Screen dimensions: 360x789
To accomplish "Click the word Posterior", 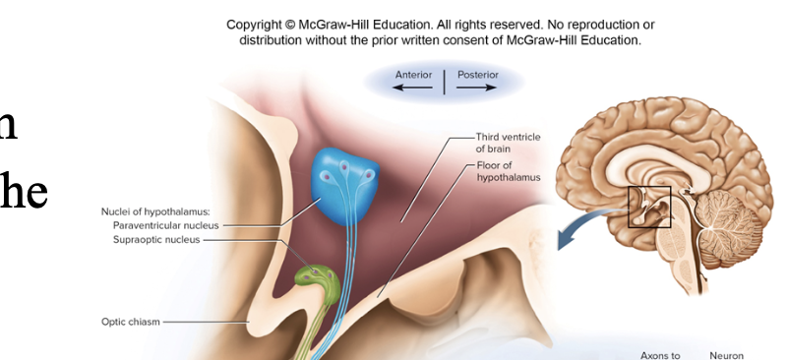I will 478,75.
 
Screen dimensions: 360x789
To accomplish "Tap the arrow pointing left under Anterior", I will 413,88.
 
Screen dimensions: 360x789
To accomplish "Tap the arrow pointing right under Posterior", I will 477,88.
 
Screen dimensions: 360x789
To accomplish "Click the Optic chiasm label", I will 130,321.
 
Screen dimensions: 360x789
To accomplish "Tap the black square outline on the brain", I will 649,207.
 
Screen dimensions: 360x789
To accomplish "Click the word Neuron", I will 726,354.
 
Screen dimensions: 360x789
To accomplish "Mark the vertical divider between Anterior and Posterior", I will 445,82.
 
